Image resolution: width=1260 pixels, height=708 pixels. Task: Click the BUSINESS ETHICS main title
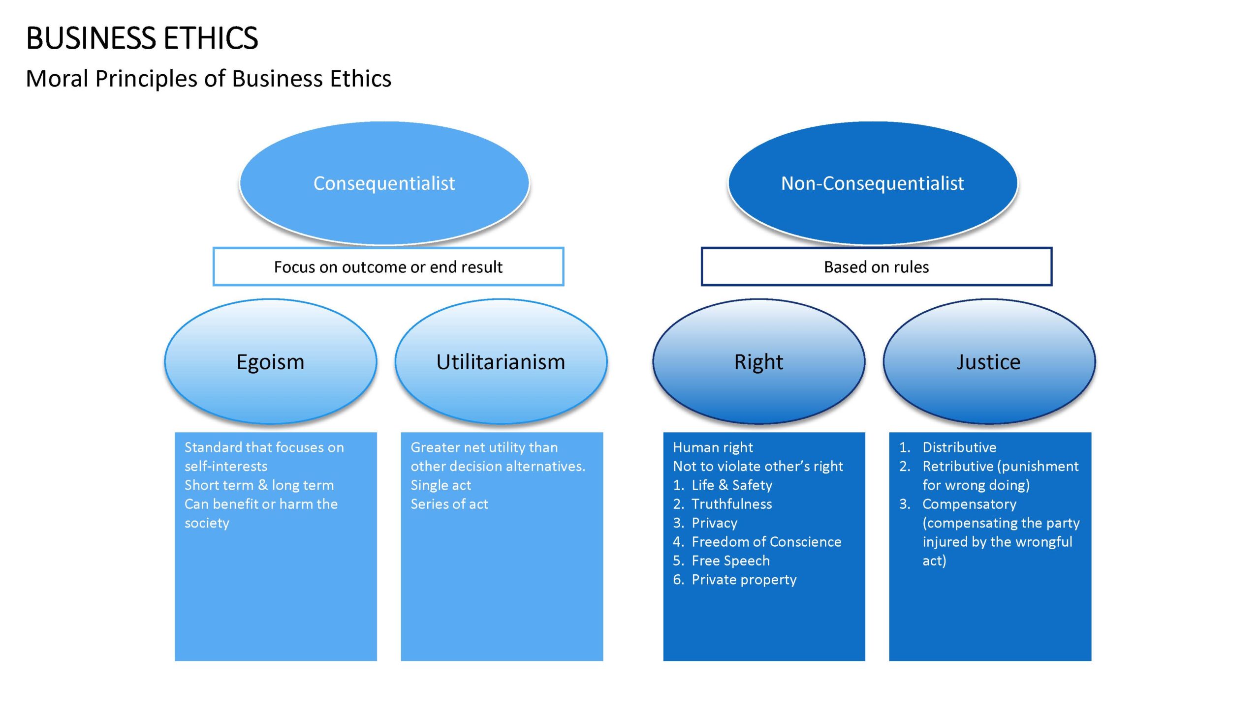click(142, 38)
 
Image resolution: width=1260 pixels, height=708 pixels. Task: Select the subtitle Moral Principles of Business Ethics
click(209, 79)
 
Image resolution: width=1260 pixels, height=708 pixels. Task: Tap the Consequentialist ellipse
click(384, 183)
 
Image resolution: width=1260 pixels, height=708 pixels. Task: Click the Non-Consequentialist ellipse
click(873, 183)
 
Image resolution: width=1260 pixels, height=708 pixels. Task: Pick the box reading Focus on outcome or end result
click(388, 266)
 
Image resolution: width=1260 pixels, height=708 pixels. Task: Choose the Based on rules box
click(877, 266)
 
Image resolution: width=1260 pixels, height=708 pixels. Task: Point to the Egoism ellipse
click(271, 361)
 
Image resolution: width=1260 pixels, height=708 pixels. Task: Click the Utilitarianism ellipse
click(501, 361)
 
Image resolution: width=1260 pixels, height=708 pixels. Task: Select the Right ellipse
click(759, 361)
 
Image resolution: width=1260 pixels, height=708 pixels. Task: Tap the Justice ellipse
click(989, 361)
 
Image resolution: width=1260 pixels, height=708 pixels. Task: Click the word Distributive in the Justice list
click(959, 447)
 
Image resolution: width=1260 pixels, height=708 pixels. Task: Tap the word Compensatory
click(970, 504)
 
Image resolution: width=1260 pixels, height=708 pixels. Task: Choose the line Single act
click(441, 485)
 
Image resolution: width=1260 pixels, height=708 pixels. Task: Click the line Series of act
click(449, 504)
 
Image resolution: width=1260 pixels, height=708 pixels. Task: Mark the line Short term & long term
click(259, 485)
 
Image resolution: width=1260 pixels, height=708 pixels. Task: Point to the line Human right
click(713, 447)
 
